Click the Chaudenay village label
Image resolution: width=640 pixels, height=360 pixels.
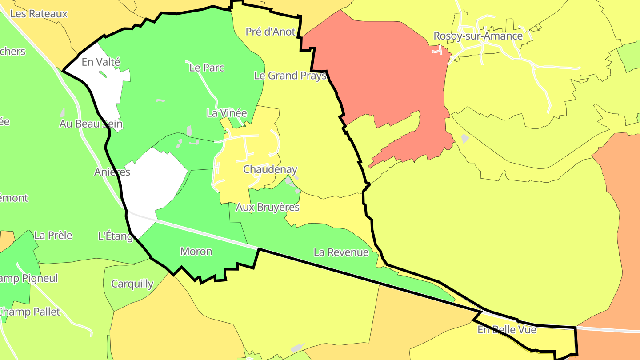point(270,169)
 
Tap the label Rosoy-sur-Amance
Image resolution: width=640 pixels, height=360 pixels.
point(478,36)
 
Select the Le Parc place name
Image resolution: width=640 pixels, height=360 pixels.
point(207,68)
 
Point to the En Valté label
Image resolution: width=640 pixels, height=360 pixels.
point(101,62)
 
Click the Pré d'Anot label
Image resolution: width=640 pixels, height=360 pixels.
point(270,32)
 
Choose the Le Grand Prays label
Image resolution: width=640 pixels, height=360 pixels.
point(290,76)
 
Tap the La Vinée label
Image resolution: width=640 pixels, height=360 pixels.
point(226,113)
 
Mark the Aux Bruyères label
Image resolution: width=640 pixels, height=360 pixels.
point(268,207)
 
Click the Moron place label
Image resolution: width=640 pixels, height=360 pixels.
point(196,252)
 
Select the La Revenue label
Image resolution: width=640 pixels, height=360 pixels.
point(341,252)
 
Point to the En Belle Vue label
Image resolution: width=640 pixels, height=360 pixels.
point(507,330)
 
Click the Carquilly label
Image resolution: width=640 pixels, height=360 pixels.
point(132,284)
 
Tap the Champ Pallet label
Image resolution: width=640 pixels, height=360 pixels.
point(30,312)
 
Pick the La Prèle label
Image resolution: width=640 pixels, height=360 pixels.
point(53,235)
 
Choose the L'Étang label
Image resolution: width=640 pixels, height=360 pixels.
point(115,236)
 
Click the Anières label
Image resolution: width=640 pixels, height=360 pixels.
point(112,172)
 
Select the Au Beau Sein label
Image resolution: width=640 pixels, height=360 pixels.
point(91,124)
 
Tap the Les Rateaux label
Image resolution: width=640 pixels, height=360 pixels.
point(39,14)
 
